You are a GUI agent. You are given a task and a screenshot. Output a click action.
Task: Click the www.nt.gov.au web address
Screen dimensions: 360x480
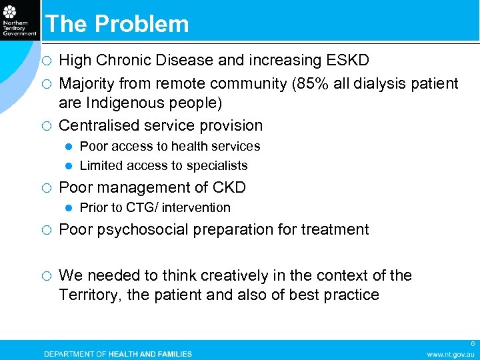451,353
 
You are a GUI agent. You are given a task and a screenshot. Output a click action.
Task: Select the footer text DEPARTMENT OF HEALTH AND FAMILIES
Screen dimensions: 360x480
117,353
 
